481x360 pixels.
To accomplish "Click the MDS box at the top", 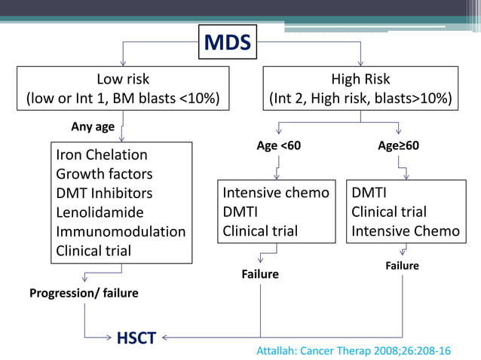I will (x=228, y=42).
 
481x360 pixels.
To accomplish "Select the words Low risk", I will (x=123, y=79).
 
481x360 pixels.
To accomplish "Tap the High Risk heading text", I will (x=360, y=79).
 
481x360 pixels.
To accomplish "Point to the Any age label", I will (x=93, y=127).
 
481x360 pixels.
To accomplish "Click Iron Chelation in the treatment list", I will (x=102, y=155).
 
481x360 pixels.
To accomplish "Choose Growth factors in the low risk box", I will (x=104, y=174).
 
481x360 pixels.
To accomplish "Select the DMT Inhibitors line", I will (x=104, y=194).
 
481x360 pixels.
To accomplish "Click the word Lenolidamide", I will (x=100, y=213).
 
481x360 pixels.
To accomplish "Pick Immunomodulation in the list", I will (x=121, y=232).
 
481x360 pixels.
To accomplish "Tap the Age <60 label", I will (x=279, y=145).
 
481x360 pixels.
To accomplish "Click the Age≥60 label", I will (x=398, y=145).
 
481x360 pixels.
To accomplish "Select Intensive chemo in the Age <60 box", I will (x=276, y=193).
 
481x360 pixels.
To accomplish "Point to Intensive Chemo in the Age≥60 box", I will (x=405, y=231).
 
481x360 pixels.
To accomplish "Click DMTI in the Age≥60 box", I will (x=369, y=193).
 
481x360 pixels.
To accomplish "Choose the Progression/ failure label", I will (x=84, y=292).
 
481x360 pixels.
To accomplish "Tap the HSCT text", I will (x=136, y=337).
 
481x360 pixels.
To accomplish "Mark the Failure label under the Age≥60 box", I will (x=402, y=266).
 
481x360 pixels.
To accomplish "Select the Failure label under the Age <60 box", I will (x=259, y=274).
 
